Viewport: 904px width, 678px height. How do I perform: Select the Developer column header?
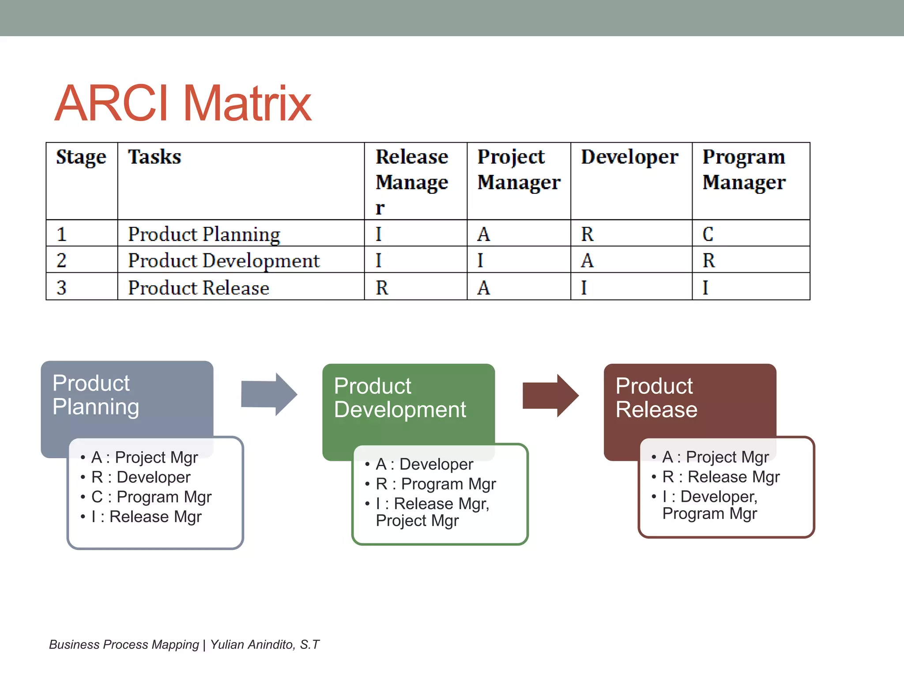(629, 157)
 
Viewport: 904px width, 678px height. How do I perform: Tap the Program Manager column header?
(744, 169)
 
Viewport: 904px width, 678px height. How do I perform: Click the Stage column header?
(81, 157)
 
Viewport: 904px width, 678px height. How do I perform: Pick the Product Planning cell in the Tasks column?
(204, 234)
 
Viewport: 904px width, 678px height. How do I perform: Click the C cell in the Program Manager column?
(708, 234)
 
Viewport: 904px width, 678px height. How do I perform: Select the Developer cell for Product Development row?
(587, 260)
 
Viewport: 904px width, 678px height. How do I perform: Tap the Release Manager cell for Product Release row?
(382, 288)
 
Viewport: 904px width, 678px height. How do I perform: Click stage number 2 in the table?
(61, 260)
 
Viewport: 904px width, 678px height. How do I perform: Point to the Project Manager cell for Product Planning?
(484, 234)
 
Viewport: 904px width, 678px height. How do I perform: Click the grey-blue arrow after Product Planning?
(269, 394)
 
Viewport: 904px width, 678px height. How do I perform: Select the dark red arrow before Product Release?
(550, 395)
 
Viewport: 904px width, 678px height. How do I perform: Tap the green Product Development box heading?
(399, 398)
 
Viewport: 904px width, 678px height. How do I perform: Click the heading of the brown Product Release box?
(656, 398)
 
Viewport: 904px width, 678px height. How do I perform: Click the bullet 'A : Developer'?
(424, 464)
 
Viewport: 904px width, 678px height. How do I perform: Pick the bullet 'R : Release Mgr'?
(721, 477)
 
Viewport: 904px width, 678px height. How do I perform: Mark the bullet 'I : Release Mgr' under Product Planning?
(146, 517)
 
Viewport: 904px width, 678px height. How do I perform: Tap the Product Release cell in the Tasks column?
(199, 288)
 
